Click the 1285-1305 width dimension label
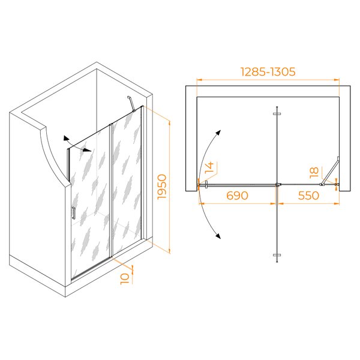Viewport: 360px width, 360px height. click(x=268, y=71)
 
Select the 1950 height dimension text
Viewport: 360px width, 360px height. click(x=162, y=187)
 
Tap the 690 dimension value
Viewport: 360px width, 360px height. click(x=237, y=196)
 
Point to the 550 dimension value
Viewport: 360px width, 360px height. click(x=308, y=196)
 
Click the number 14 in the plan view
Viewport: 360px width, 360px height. click(x=209, y=168)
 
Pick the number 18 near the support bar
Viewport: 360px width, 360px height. click(x=314, y=172)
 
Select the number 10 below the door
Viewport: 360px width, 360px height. click(x=125, y=279)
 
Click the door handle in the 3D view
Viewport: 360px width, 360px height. click(x=73, y=213)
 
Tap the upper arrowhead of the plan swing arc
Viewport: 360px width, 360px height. click(x=218, y=133)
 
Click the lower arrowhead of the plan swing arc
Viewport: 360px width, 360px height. click(x=218, y=236)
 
